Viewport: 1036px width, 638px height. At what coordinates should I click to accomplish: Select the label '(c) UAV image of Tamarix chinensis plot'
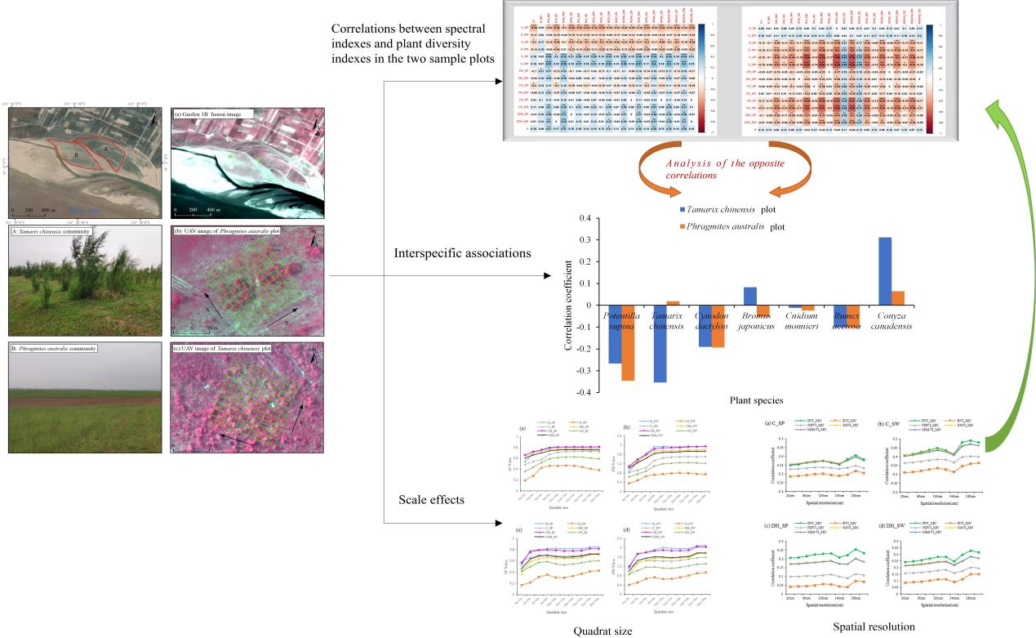pyautogui.click(x=223, y=348)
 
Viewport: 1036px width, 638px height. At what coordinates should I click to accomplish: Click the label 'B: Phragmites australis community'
pyautogui.click(x=54, y=349)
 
